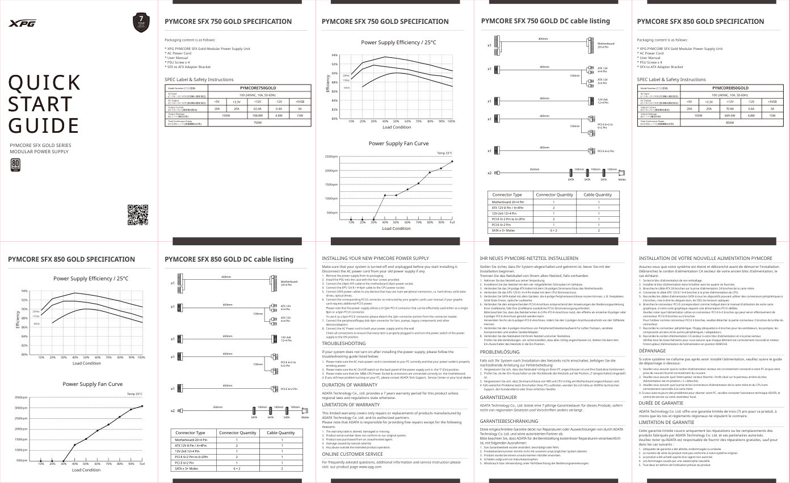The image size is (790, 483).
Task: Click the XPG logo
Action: pyautogui.click(x=23, y=23)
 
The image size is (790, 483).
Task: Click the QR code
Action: pyautogui.click(x=138, y=215)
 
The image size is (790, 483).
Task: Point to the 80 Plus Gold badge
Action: pyautogui.click(x=15, y=165)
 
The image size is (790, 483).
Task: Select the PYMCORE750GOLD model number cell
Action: pyautogui.click(x=258, y=88)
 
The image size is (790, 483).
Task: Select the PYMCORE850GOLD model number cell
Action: pyautogui.click(x=730, y=88)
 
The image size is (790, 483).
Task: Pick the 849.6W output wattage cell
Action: pyautogui.click(x=730, y=115)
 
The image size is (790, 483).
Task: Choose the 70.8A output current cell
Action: pyautogui.click(x=730, y=108)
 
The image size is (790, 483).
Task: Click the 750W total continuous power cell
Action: pyautogui.click(x=258, y=122)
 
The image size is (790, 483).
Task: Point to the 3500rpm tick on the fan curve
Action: pyautogui.click(x=20, y=397)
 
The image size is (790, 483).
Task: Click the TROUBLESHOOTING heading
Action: pyautogui.click(x=344, y=343)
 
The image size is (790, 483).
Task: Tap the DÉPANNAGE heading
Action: pyautogui.click(x=653, y=351)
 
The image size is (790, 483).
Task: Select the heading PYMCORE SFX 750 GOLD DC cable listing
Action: pyautogui.click(x=545, y=21)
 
